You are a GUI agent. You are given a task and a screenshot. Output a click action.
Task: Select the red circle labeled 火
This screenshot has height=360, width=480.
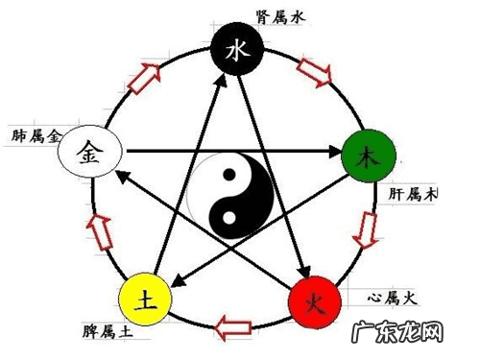315,303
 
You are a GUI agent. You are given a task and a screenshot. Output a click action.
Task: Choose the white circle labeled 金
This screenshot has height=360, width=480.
88,151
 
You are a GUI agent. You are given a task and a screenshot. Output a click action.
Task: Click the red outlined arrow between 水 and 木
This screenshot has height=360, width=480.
314,71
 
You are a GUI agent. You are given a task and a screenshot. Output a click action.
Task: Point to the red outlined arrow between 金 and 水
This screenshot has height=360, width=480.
146,76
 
